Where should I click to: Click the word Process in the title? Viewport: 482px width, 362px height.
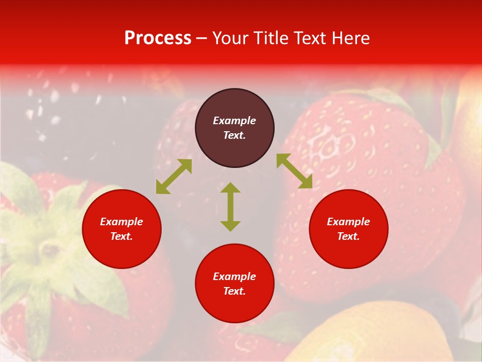[x=158, y=38]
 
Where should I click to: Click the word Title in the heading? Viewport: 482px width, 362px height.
[x=272, y=38]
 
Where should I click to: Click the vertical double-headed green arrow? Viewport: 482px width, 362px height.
[x=230, y=207]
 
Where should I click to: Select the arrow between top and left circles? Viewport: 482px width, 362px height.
[x=174, y=176]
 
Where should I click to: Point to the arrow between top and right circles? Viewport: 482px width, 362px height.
[x=294, y=171]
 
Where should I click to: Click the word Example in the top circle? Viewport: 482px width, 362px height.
[x=234, y=121]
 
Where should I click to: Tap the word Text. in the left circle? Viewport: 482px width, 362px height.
[x=122, y=236]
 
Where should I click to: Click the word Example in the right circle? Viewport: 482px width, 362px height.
[x=348, y=222]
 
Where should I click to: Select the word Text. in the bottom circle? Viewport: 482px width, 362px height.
[x=234, y=291]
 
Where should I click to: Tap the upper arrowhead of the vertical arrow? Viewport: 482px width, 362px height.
[x=230, y=188]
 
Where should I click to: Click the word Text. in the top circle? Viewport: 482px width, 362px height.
[x=234, y=135]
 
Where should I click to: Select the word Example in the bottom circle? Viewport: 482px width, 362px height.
[x=234, y=277]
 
